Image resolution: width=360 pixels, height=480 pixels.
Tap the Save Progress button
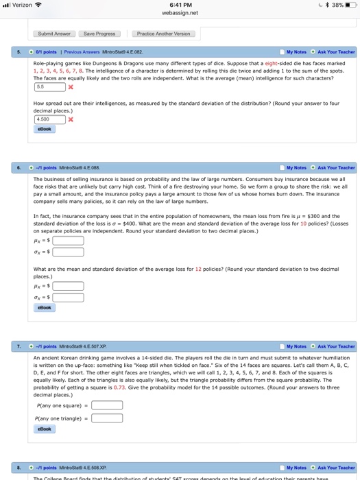pyautogui.click(x=99, y=34)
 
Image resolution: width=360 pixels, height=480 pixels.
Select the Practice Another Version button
pyautogui.click(x=163, y=34)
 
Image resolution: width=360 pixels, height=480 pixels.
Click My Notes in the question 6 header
pyautogui.click(x=296, y=167)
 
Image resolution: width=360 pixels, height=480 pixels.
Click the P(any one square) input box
pyautogui.click(x=108, y=405)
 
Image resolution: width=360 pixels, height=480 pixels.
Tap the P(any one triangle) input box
pyautogui.click(x=108, y=418)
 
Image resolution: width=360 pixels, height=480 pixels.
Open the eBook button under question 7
pyautogui.click(x=44, y=429)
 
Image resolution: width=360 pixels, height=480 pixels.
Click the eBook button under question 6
pyautogui.click(x=44, y=308)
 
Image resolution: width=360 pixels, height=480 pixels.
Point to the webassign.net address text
pyautogui.click(x=180, y=12)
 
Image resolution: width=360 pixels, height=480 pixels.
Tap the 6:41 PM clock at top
pyautogui.click(x=180, y=5)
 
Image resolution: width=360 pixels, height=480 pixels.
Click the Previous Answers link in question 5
pyautogui.click(x=82, y=52)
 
